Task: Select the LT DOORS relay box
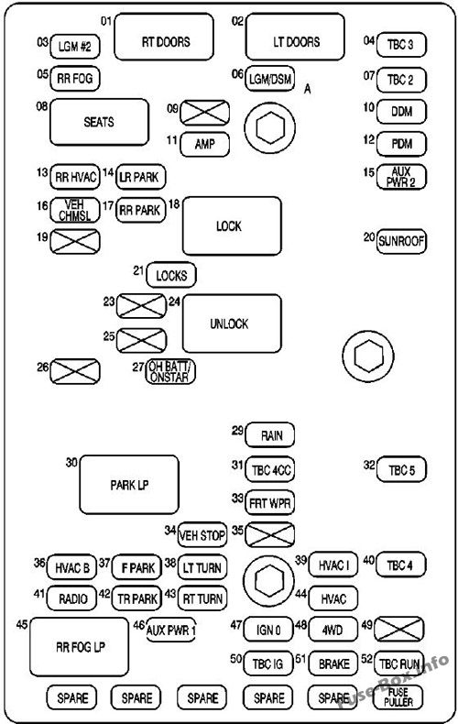click(295, 41)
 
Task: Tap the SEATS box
click(99, 121)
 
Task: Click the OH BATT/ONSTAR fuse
click(172, 371)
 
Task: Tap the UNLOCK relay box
click(231, 324)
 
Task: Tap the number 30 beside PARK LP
click(70, 463)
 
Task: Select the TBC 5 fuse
click(401, 470)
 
